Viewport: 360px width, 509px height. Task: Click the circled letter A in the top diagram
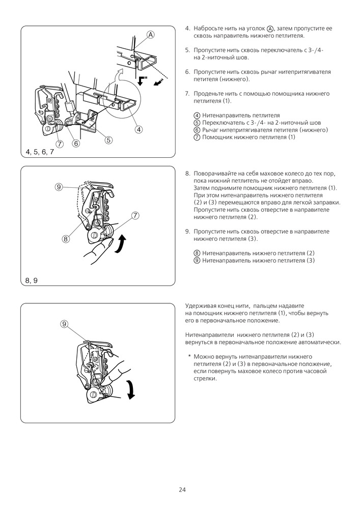point(151,35)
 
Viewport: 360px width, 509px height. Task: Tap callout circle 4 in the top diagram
point(138,129)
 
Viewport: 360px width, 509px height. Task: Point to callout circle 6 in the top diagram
point(76,144)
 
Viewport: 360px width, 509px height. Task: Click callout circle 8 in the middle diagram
point(66,238)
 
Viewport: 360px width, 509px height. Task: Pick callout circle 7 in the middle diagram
point(135,215)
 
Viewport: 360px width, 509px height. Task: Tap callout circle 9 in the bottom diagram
point(64,324)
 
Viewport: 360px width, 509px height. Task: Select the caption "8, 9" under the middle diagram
point(32,280)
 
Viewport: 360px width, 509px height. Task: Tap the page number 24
point(182,490)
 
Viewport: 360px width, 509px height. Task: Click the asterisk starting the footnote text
point(189,356)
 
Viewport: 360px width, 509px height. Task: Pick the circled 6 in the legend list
point(197,130)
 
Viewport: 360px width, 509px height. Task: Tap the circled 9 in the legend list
point(197,261)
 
